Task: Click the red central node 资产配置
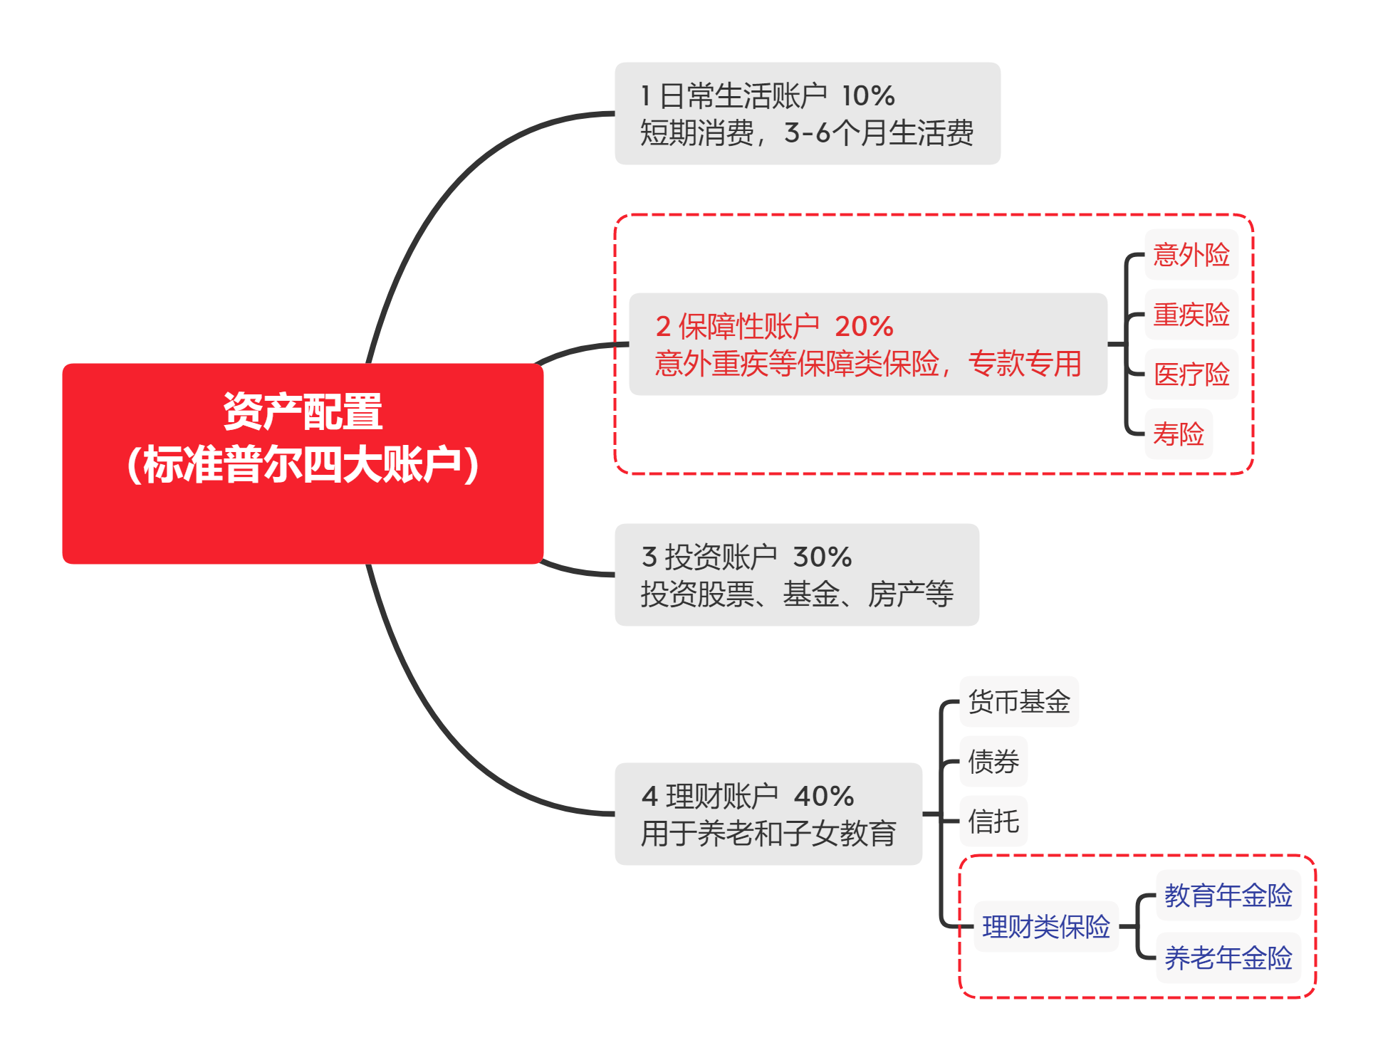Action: pyautogui.click(x=303, y=411)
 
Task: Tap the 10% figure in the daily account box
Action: pyautogui.click(x=867, y=96)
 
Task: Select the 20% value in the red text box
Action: pyautogui.click(x=864, y=327)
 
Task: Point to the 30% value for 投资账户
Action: pyautogui.click(x=822, y=557)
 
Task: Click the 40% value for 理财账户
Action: pyautogui.click(x=823, y=797)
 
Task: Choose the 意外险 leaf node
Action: pyautogui.click(x=1191, y=255)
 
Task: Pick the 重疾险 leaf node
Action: pyautogui.click(x=1191, y=315)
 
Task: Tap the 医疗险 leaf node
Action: pyautogui.click(x=1191, y=374)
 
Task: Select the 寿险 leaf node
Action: pyautogui.click(x=1178, y=434)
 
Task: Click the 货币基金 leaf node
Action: pyautogui.click(x=1018, y=702)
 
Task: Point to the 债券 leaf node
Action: pyautogui.click(x=993, y=762)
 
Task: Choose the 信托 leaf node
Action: pyautogui.click(x=993, y=822)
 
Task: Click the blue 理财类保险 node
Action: pyautogui.click(x=1045, y=927)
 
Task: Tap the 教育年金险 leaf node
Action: pyautogui.click(x=1228, y=896)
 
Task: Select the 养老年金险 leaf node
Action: pyautogui.click(x=1228, y=958)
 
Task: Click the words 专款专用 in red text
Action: pyautogui.click(x=1024, y=364)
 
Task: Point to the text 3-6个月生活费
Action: pyautogui.click(x=878, y=133)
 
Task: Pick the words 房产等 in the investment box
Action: pyautogui.click(x=910, y=594)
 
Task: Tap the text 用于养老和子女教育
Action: pyautogui.click(x=768, y=834)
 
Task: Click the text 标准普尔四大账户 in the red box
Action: pyautogui.click(x=303, y=465)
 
